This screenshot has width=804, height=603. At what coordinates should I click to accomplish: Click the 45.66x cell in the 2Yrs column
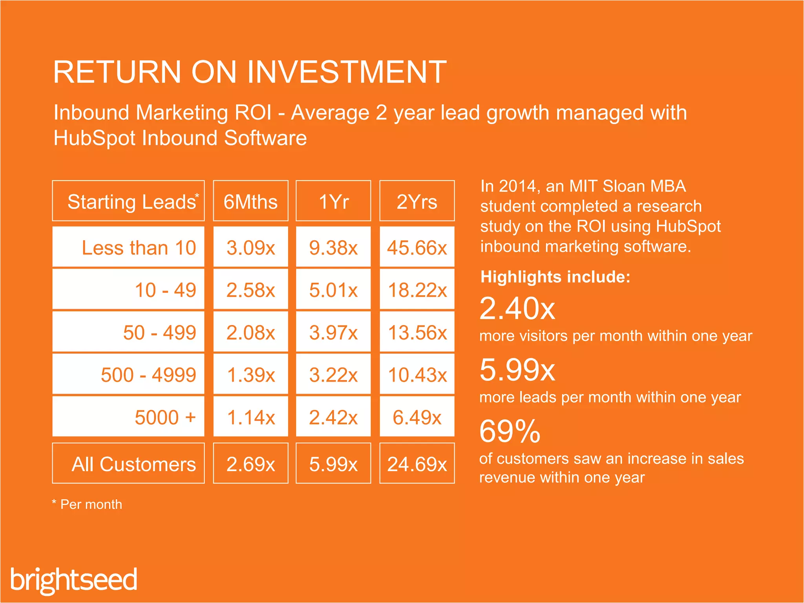[417, 248]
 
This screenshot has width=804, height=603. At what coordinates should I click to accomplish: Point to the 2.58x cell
[250, 290]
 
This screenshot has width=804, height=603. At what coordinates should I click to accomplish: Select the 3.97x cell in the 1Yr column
[333, 333]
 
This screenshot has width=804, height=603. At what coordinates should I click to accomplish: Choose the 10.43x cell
[417, 375]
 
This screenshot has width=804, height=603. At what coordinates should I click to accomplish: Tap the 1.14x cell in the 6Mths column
[250, 417]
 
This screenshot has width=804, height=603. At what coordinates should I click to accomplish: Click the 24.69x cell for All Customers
[417, 464]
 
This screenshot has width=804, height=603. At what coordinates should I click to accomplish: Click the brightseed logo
[74, 579]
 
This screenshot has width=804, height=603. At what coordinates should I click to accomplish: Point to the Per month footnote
[87, 504]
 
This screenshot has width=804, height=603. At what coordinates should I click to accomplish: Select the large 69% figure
[510, 431]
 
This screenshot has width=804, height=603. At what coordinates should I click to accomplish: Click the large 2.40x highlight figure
[517, 309]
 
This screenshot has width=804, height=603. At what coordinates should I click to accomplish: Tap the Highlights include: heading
[555, 277]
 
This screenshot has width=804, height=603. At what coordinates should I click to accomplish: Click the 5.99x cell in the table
[333, 464]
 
